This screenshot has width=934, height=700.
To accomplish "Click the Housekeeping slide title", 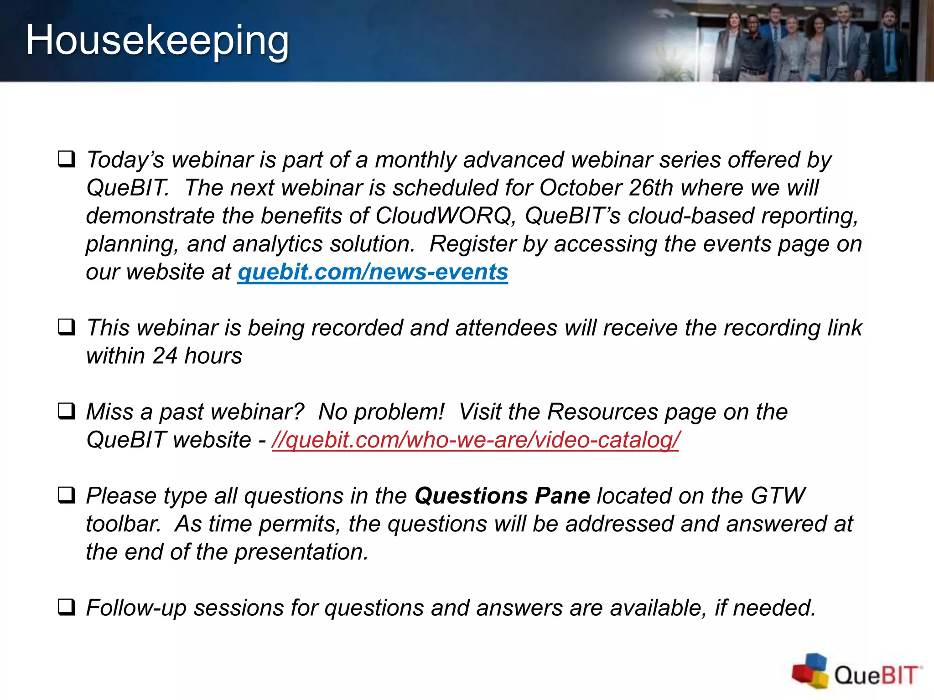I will click(157, 41).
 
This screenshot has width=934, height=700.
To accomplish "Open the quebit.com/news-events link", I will click(373, 272).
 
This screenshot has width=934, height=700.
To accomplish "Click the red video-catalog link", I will click(475, 440).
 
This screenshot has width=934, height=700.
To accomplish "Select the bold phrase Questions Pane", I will click(502, 496).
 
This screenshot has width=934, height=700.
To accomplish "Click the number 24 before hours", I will click(164, 356).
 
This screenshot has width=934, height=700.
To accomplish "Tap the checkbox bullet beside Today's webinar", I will click(67, 160).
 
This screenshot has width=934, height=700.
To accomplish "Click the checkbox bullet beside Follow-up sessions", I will click(67, 607).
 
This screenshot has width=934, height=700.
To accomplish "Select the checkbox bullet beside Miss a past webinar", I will click(67, 412).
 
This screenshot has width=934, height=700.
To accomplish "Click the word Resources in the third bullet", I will click(602, 412).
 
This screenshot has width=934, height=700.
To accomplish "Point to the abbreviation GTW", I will click(778, 496).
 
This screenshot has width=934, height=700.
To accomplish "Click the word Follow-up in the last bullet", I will click(136, 608).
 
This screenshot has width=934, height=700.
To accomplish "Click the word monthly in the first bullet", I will click(415, 160).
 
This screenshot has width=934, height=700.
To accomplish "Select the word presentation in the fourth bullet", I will click(301, 552).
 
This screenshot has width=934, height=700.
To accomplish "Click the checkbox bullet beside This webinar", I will click(67, 327).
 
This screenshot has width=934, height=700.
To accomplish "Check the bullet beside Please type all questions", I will click(67, 495).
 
